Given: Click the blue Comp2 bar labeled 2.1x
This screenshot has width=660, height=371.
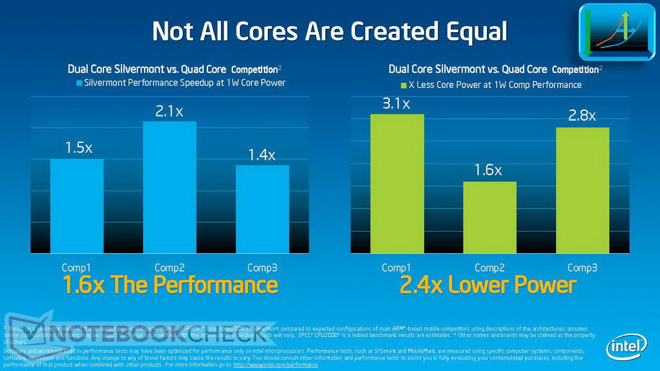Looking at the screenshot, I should (169, 187).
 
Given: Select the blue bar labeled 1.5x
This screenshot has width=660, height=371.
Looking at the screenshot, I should (77, 206).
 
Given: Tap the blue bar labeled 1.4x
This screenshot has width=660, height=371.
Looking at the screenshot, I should (262, 209).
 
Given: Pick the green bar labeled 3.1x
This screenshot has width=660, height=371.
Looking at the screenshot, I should (397, 184).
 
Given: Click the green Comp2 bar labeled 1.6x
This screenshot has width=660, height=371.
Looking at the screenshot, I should (490, 217).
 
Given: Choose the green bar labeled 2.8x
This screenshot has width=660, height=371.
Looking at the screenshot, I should (582, 190).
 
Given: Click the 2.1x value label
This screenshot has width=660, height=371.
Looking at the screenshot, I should (169, 112).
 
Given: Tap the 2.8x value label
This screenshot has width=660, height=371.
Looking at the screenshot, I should (582, 117).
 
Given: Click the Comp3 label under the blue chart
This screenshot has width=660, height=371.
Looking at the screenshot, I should (262, 268).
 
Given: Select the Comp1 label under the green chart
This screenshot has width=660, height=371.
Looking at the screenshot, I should (397, 268).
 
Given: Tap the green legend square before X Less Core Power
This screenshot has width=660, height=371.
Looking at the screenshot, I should (403, 85).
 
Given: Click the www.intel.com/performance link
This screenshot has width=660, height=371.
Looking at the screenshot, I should (276, 364).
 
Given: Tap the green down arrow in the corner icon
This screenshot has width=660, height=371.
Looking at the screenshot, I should (588, 33).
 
